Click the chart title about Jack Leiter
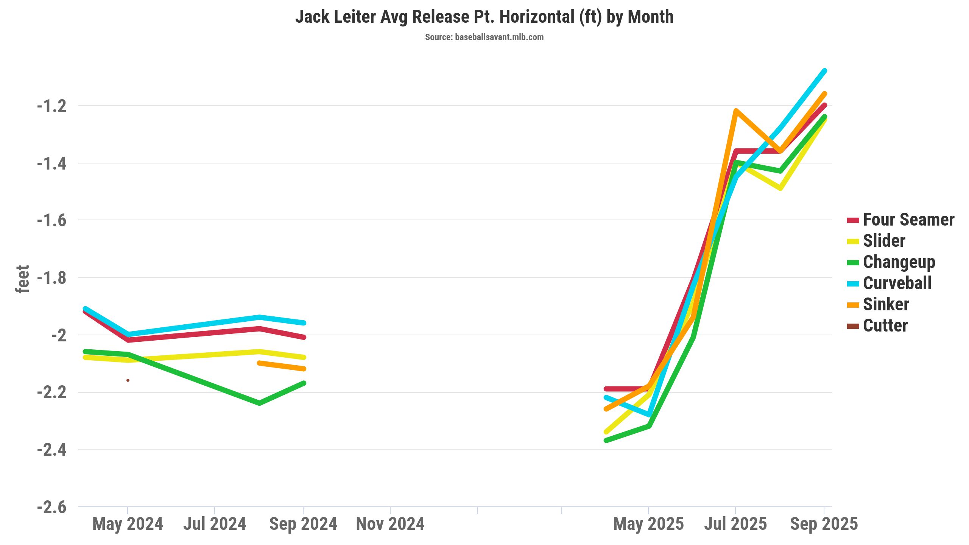(484, 17)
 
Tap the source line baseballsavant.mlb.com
(484, 37)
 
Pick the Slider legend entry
(884, 241)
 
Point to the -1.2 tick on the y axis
(52, 106)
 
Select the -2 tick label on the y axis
(59, 335)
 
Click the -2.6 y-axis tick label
(52, 507)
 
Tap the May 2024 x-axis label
(128, 524)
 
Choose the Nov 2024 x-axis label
(390, 524)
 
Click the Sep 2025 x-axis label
(824, 524)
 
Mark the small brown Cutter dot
(128, 380)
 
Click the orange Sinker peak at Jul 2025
(735, 111)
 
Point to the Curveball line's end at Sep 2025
(824, 71)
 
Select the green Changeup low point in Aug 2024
(259, 403)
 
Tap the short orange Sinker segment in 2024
(281, 366)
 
